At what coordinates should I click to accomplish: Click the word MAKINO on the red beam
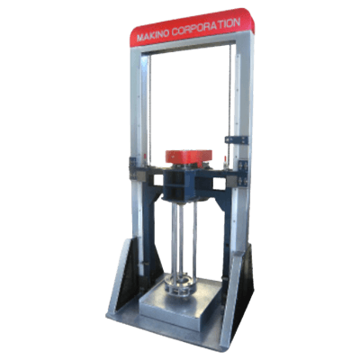point(152,36)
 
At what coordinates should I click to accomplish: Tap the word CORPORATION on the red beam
point(206,27)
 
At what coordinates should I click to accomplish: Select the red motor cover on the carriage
point(189,157)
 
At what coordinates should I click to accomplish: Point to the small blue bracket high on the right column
point(237,140)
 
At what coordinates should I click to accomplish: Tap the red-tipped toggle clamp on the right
point(223,161)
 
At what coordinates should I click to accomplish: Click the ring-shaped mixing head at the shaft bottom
point(180,284)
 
